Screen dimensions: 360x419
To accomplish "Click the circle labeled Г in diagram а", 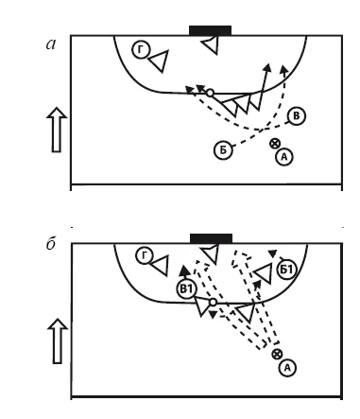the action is tap(141, 50).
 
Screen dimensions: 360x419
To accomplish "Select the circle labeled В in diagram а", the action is tap(297, 116).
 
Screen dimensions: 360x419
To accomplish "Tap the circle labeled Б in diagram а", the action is tap(223, 150).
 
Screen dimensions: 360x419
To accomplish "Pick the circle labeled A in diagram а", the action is tap(284, 157).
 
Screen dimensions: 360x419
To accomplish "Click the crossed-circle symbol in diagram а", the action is tap(275, 144).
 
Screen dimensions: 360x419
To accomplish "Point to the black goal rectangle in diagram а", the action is tap(210, 30).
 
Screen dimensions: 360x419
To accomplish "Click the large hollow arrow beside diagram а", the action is tap(57, 130).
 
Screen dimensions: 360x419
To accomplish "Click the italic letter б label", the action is tap(51, 244).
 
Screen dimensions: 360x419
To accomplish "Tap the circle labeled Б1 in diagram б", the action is tap(287, 270).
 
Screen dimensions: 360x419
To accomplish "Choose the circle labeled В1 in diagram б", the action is tap(186, 288).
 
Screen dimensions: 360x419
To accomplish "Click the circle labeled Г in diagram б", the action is tap(145, 255).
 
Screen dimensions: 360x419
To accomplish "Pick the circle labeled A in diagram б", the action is tap(287, 368).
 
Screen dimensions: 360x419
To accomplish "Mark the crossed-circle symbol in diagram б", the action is tap(277, 354).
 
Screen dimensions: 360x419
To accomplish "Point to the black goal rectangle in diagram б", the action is tap(211, 238).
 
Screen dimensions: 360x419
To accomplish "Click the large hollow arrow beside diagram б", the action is tap(58, 341).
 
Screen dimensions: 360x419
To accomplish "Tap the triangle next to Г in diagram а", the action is tap(160, 61).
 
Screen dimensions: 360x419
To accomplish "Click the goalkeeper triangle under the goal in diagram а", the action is tap(211, 44).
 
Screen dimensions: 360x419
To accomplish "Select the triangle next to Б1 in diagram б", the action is tap(264, 273).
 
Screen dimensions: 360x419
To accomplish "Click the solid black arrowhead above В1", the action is tap(184, 271).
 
